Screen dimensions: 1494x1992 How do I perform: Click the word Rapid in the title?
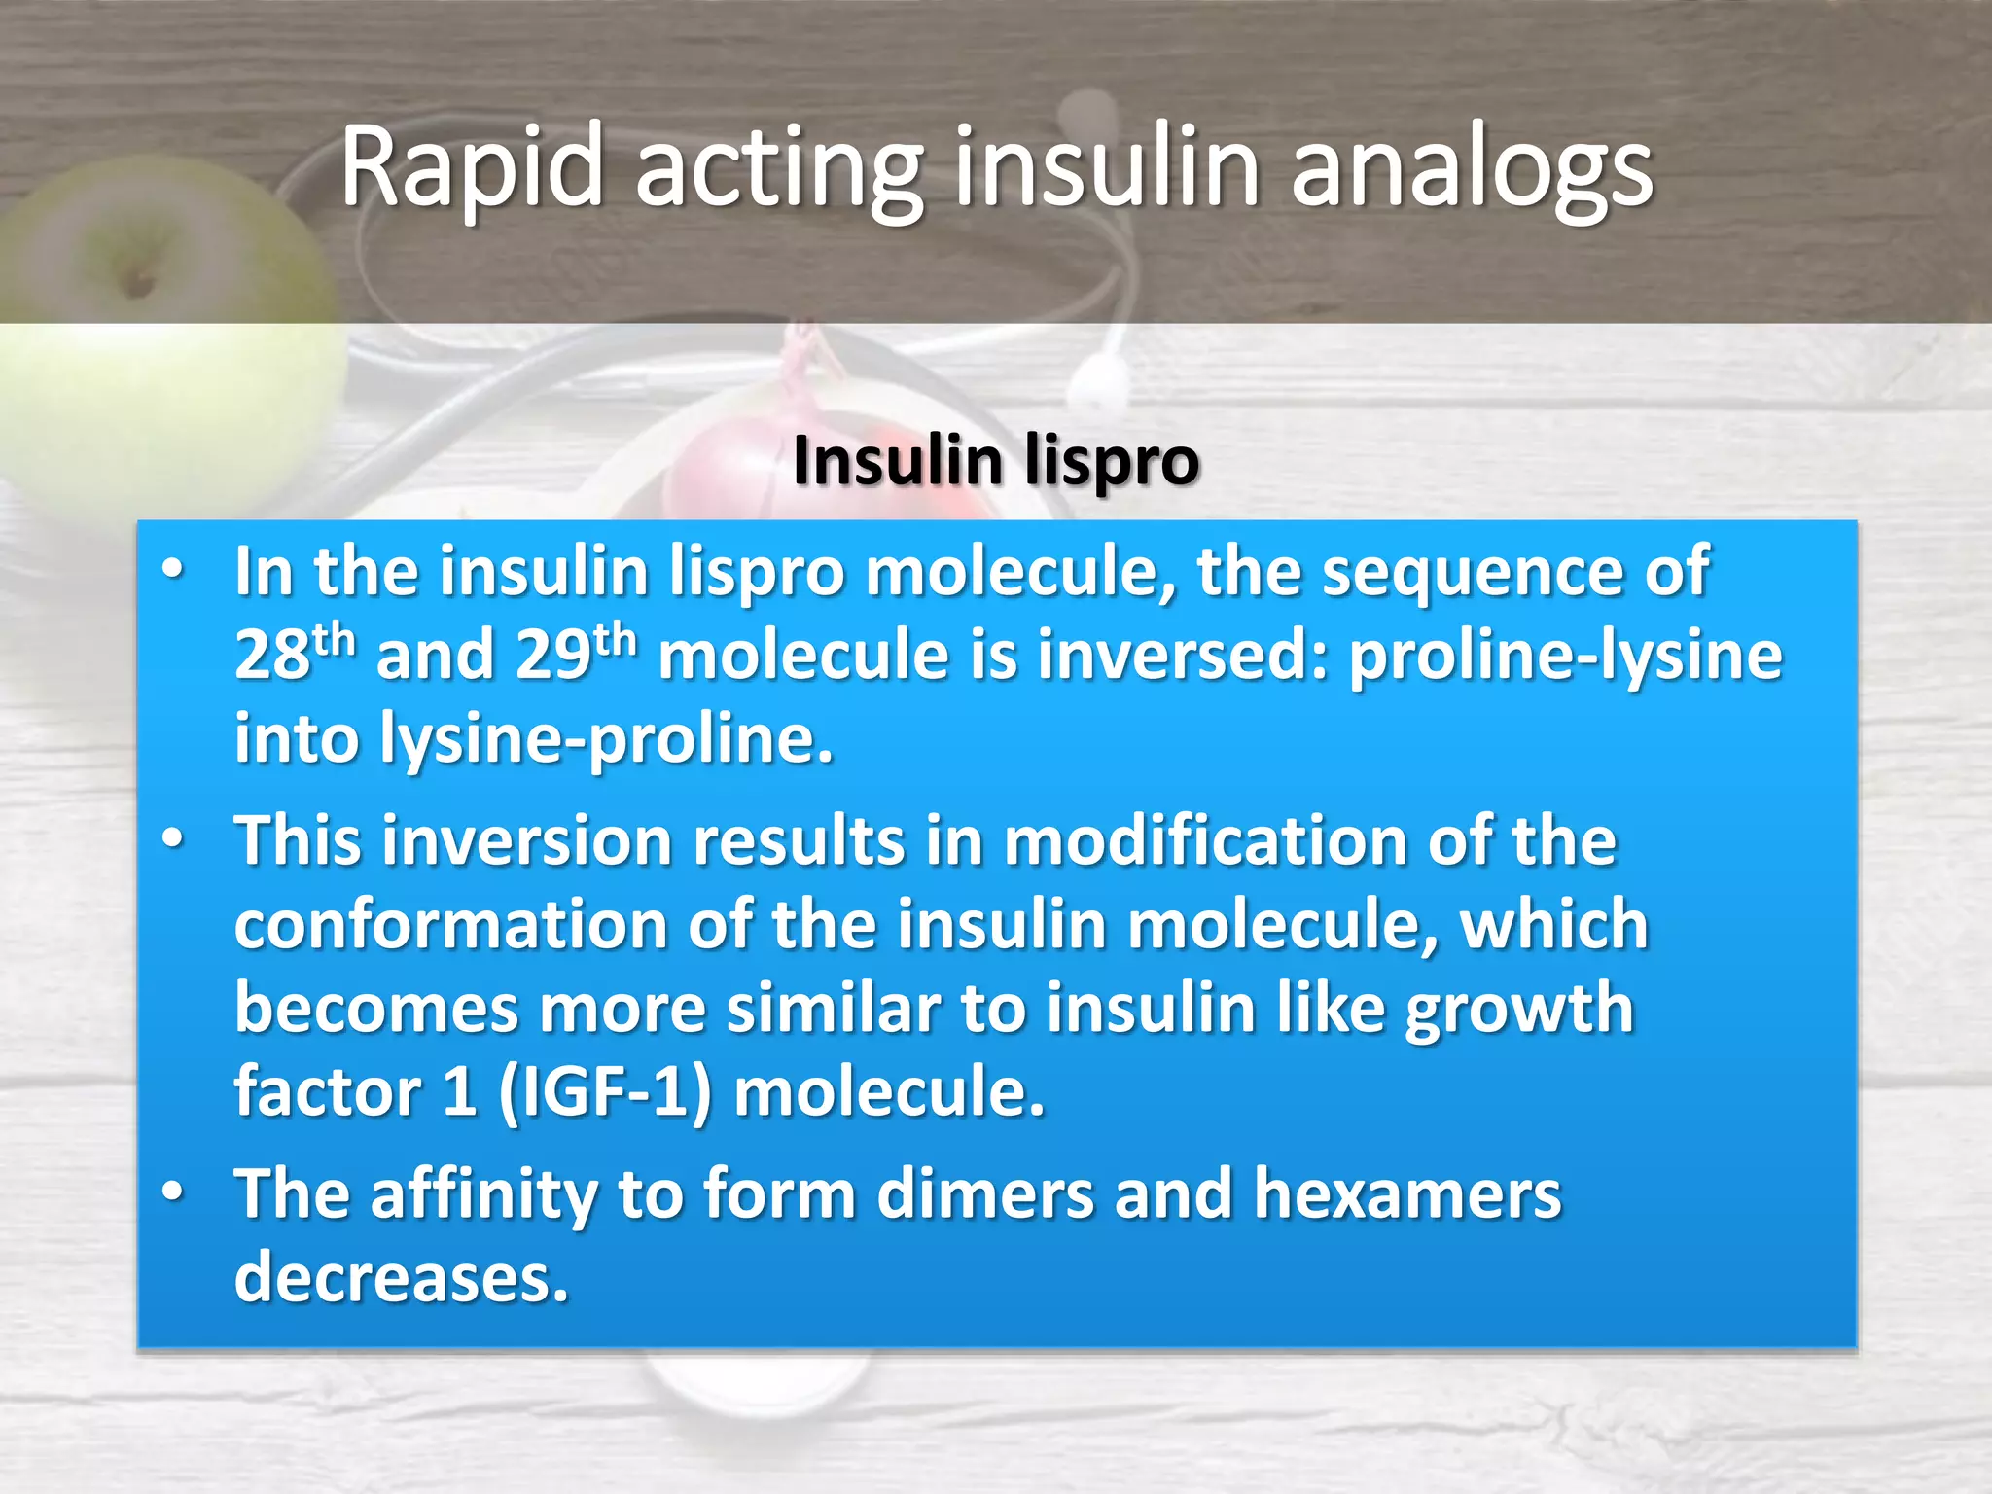[472, 167]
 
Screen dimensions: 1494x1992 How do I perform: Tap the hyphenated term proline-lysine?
[1565, 657]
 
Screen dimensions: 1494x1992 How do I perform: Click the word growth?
[1518, 1010]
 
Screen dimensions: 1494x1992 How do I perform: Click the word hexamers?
[1406, 1193]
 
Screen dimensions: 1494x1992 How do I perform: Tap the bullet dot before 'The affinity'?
[173, 1192]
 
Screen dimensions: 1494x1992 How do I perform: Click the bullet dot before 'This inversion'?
[173, 839]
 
